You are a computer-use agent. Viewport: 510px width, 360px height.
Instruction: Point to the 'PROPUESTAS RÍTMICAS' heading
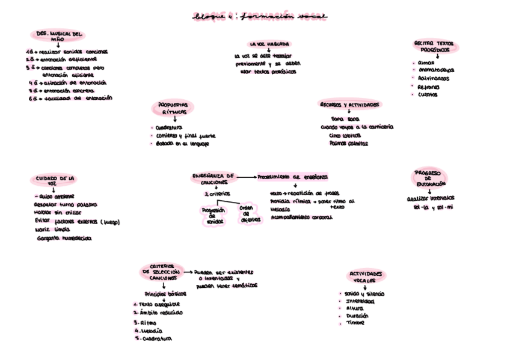coord(173,108)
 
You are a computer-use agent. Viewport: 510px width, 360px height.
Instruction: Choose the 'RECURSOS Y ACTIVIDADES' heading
coord(349,105)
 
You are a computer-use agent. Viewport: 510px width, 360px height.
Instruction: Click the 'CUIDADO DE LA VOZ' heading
coord(55,181)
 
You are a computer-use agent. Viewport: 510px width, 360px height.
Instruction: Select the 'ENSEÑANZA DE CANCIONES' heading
coord(213,178)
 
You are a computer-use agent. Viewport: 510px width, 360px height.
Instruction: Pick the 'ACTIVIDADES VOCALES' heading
coord(366,276)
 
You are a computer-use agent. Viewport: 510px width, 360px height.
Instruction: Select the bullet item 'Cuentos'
coord(428,94)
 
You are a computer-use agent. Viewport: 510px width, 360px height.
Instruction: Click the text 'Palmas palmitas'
coord(349,144)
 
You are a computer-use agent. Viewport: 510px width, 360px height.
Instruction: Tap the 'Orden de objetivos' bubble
coord(251,213)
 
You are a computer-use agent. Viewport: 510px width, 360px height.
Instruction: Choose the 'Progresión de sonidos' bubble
coord(214,216)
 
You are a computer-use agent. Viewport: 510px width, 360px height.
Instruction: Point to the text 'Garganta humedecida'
coord(63,239)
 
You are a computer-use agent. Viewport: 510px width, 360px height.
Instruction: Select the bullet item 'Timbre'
coord(355,323)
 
